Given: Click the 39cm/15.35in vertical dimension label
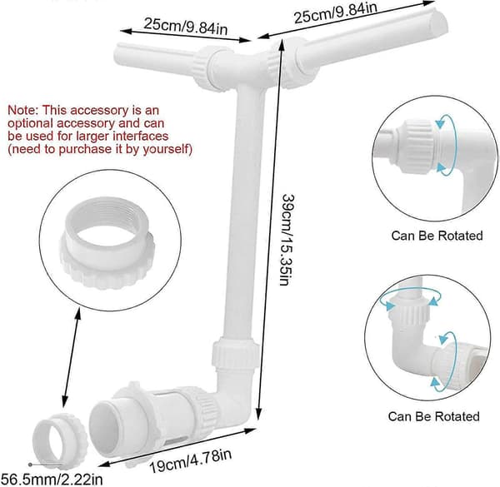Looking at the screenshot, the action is pyautogui.click(x=287, y=240).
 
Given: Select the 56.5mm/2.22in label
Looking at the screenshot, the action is pyautogui.click(x=52, y=480).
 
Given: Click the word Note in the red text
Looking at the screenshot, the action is pyautogui.click(x=22, y=110).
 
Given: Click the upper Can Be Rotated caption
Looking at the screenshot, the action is pyautogui.click(x=437, y=236).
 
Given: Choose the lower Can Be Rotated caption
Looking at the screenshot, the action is pyautogui.click(x=433, y=416).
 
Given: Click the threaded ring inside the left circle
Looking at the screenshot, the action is pyautogui.click(x=107, y=244).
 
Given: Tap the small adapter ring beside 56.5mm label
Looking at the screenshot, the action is pyautogui.click(x=60, y=441).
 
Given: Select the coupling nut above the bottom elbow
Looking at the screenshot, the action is pyautogui.click(x=235, y=354).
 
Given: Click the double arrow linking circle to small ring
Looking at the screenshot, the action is pyautogui.click(x=71, y=359).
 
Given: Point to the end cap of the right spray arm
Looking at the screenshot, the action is pyautogui.click(x=438, y=22).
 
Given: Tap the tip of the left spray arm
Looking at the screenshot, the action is pyautogui.click(x=118, y=53).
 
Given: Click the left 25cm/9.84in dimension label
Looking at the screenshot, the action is pyautogui.click(x=186, y=26).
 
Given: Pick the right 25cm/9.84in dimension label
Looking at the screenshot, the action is pyautogui.click(x=336, y=12).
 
